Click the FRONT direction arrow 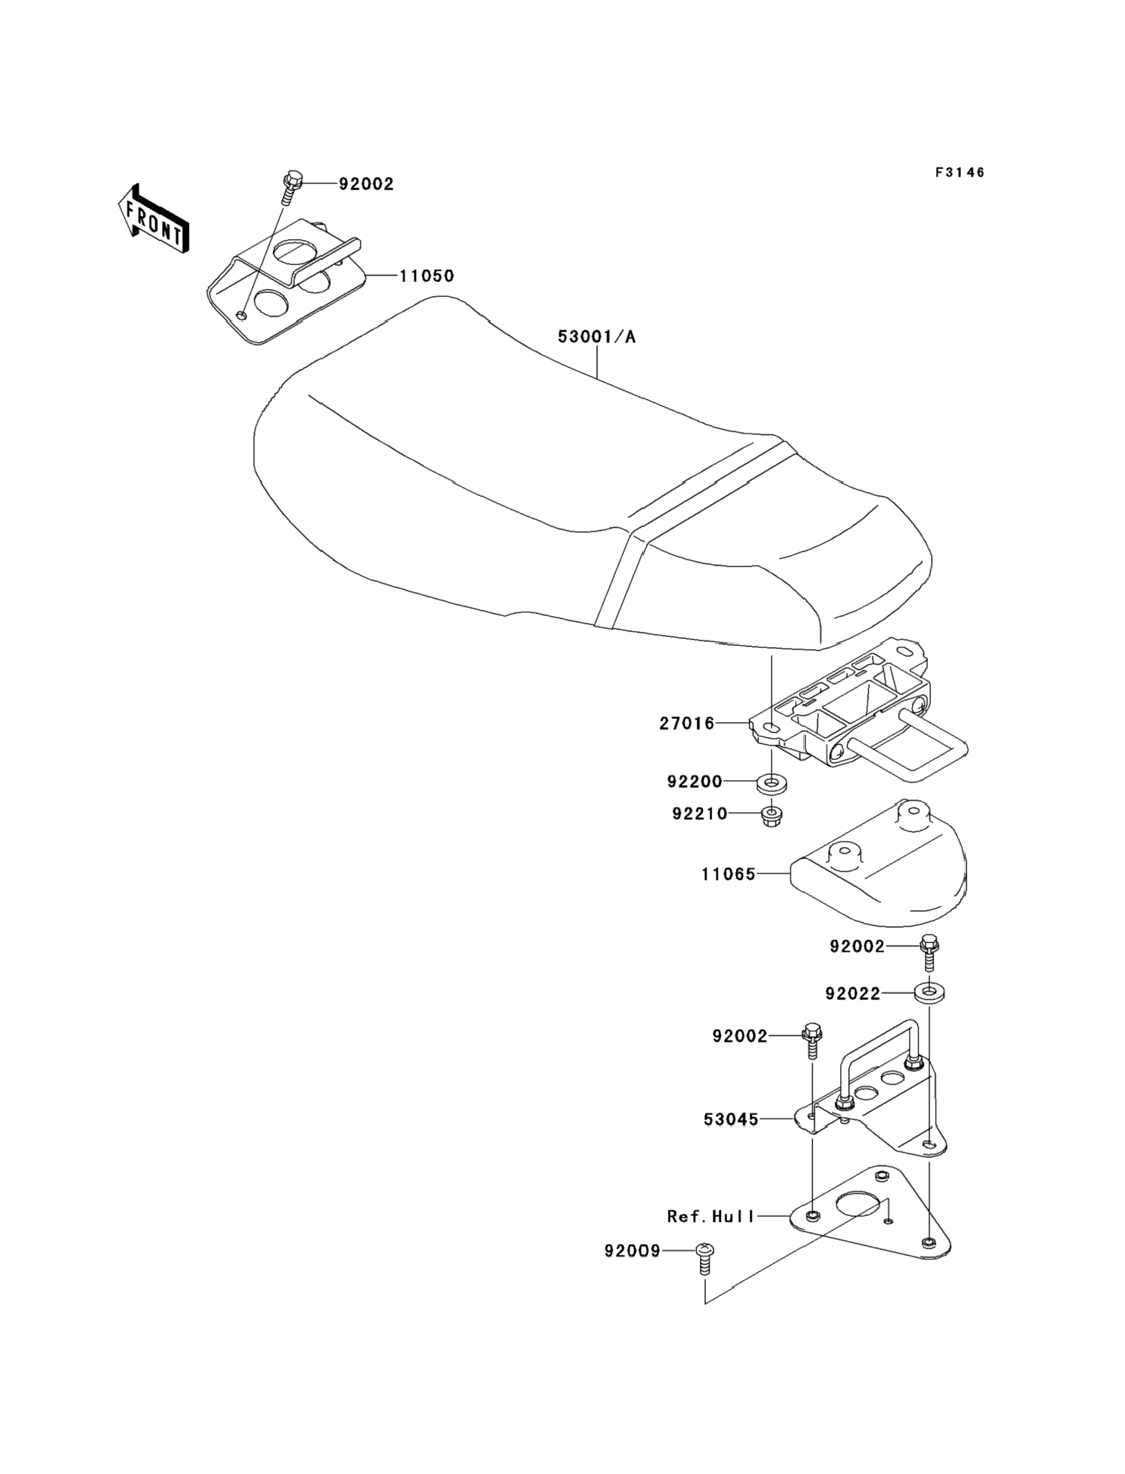coord(153,220)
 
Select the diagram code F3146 coord(960,173)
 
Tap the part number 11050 coord(427,276)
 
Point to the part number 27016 coord(687,724)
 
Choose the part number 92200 coord(695,781)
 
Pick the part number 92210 coord(699,813)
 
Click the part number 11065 coord(728,874)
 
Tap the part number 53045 coord(731,1120)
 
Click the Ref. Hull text coord(710,1216)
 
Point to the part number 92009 coord(632,1251)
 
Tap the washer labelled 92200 coord(771,783)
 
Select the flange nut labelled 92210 coord(771,816)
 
